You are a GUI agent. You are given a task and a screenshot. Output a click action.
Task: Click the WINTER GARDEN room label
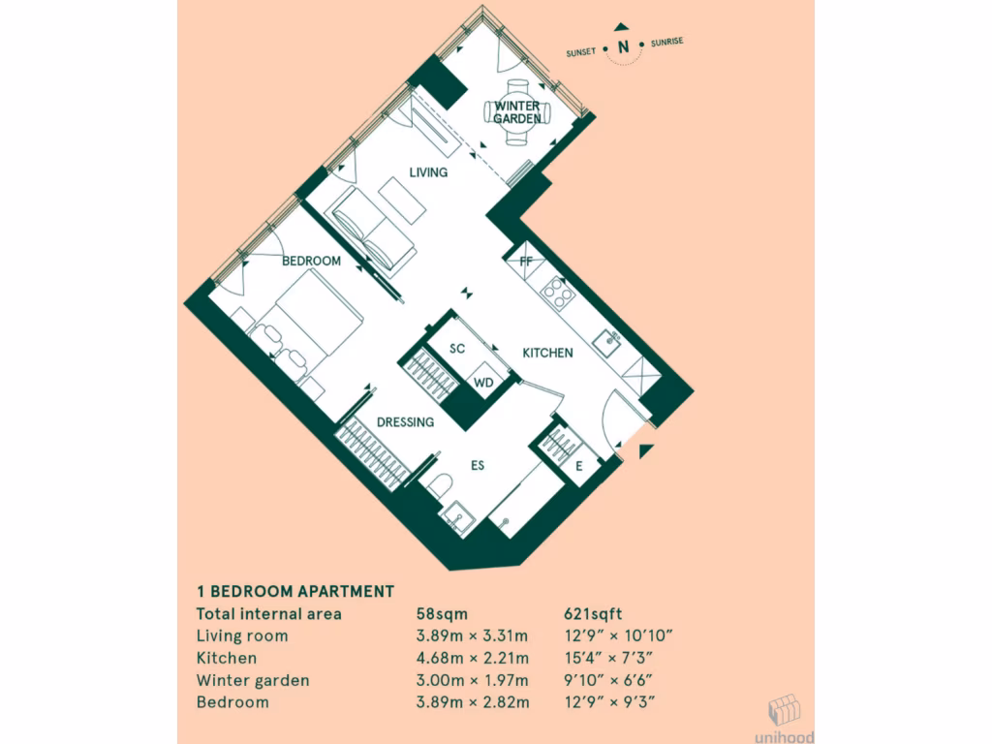[x=517, y=111]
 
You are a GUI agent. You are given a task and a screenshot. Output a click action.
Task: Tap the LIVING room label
[x=428, y=172]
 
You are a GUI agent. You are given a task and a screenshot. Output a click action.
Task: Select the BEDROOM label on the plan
[x=311, y=261]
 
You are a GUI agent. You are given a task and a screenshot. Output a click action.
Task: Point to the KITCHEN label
[x=547, y=353]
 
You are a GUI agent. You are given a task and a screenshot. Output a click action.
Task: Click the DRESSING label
[x=405, y=422]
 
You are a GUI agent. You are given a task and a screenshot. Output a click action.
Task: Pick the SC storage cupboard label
[x=458, y=348]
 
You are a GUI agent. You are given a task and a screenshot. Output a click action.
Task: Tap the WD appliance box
[x=483, y=383]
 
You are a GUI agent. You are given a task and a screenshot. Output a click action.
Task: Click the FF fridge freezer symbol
[x=526, y=261]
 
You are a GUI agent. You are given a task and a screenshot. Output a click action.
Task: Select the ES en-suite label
[x=478, y=466]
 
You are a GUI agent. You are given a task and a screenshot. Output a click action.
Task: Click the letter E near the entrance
[x=578, y=466]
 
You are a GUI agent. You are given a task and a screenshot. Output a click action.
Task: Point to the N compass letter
[x=624, y=46]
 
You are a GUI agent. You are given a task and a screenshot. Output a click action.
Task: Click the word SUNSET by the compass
[x=582, y=53]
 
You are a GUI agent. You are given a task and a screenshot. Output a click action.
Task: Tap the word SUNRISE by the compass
[x=668, y=44]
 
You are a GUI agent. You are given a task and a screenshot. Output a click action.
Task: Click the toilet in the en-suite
[x=441, y=483]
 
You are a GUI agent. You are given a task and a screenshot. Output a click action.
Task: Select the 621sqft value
[x=592, y=613]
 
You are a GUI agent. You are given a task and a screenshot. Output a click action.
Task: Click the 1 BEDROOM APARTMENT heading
[x=295, y=591]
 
